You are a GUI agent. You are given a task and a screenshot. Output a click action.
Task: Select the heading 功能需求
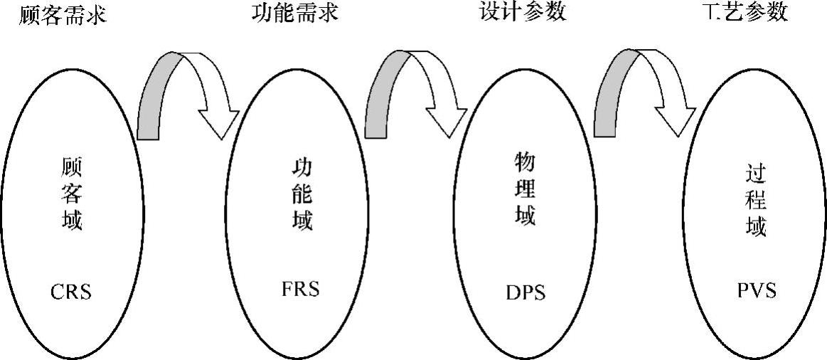pos(294,14)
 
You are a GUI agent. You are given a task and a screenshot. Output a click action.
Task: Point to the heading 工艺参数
pos(743,13)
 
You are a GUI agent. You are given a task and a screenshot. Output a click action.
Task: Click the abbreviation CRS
pos(71,292)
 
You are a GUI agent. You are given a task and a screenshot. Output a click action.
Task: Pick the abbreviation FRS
pos(301,290)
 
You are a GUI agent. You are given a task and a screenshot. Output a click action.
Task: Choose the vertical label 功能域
pos(302,194)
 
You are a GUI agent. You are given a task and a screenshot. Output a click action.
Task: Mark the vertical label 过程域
pos(756,200)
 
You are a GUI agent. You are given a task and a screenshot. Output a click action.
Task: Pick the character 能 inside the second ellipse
pos(302,194)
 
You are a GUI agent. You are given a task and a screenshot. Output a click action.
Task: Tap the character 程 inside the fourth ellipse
pos(756,201)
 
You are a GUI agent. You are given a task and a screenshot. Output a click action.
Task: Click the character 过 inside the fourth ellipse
pos(756,175)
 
